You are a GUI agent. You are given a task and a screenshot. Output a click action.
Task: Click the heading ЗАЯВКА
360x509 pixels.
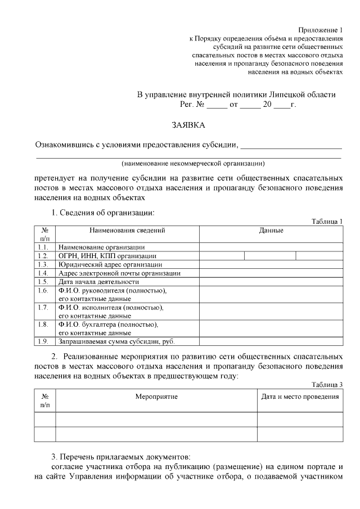coord(188,124)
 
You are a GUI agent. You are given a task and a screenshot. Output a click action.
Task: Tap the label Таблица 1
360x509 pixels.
coord(327,222)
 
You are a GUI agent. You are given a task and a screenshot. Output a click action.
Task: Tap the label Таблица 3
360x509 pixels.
coord(327,384)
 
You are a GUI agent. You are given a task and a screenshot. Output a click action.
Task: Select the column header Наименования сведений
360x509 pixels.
coord(127,231)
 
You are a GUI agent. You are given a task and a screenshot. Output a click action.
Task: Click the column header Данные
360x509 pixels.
coord(271,231)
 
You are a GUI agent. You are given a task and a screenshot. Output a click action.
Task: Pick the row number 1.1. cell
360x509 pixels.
coord(43,247)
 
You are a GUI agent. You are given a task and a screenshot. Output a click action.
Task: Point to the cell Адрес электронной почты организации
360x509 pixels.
coord(119,273)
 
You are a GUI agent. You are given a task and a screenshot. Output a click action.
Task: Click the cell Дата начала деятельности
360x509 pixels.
coord(98,282)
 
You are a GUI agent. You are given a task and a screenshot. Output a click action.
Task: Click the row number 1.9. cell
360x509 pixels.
coord(43,341)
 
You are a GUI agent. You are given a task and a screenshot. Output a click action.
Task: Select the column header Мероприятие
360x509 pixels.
coord(156,397)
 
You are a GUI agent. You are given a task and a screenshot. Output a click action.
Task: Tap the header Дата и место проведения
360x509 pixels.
coord(300,397)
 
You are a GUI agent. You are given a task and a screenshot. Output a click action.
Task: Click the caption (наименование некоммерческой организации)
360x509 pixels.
coord(193,164)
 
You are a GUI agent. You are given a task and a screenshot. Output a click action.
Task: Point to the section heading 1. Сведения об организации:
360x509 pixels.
coord(102,213)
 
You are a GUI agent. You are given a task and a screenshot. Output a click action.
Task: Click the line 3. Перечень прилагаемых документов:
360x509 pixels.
coord(121,456)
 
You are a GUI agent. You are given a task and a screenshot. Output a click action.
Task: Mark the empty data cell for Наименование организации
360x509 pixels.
coord(271,247)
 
